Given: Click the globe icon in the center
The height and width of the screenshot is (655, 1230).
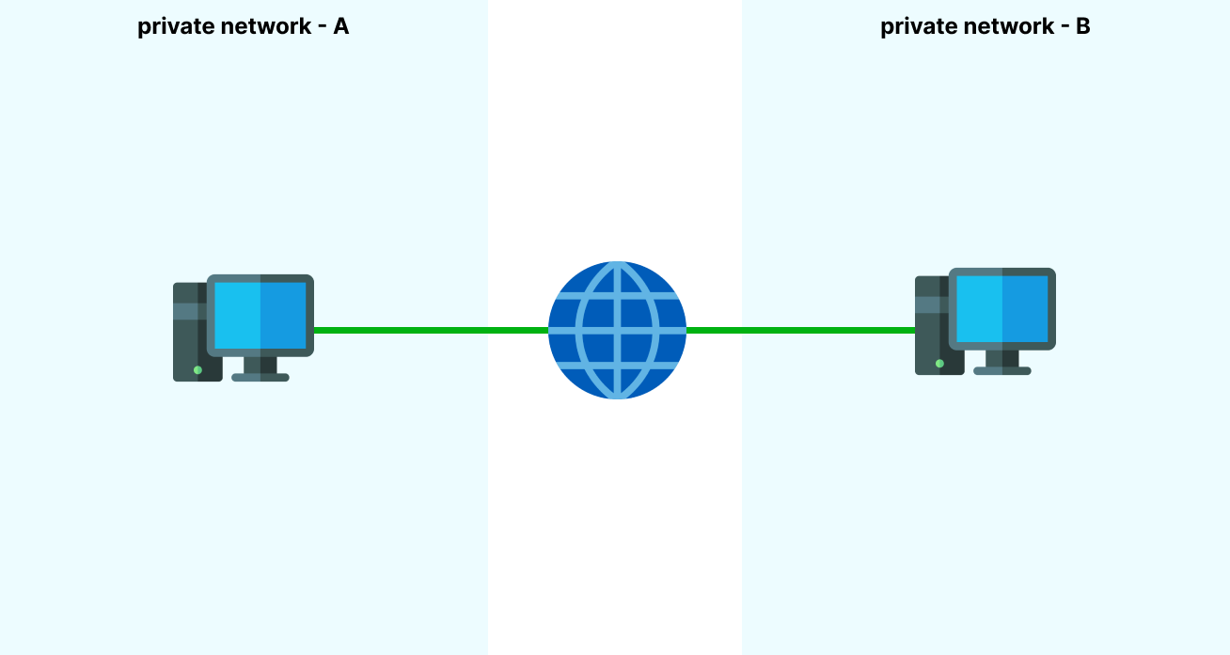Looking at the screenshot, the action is coord(617,330).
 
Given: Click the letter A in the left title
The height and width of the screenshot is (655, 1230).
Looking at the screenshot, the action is coord(340,26).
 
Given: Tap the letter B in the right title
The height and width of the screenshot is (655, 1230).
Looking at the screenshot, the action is coord(1082,26).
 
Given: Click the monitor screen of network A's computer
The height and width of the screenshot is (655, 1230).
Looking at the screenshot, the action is coord(260,315).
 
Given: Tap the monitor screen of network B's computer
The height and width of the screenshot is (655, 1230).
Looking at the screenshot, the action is coord(1002,308).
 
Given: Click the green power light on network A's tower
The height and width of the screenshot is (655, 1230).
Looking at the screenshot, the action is coord(197,370).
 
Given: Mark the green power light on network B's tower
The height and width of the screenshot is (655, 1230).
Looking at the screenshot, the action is coord(939,364).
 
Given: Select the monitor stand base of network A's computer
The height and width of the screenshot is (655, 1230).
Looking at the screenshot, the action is coord(260,377).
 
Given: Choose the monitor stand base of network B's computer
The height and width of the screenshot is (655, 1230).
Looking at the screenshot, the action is coord(1002,370).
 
